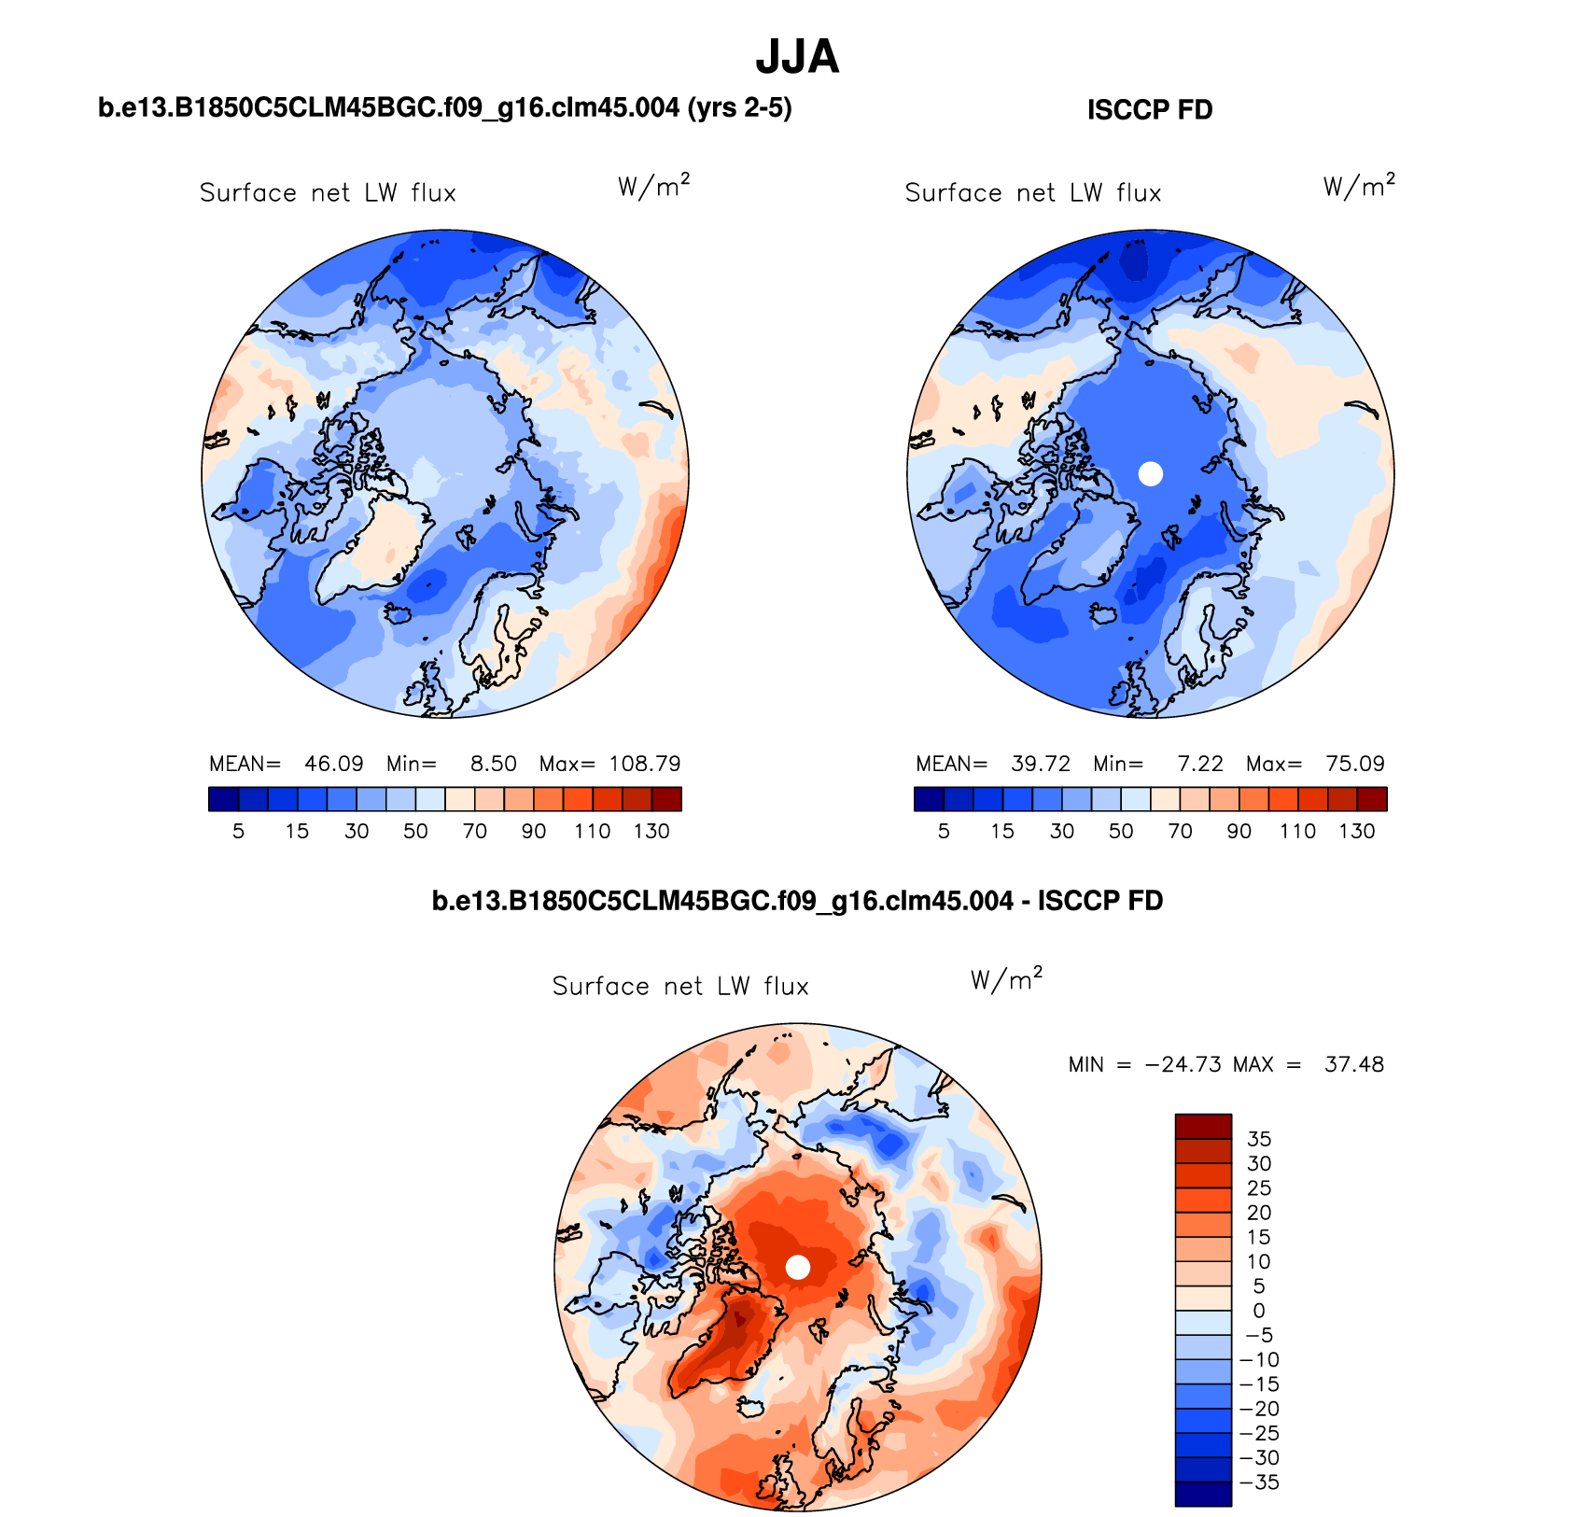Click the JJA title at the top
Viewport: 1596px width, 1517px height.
797,57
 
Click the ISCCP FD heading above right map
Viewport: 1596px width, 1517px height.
1149,110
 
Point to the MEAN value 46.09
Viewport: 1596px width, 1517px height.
333,764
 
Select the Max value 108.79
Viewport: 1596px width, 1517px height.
645,764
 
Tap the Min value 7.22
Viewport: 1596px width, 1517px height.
1199,764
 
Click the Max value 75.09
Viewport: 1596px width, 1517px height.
1355,764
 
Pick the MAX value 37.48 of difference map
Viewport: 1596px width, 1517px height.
1353,1064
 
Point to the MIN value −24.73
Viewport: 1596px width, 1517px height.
1183,1064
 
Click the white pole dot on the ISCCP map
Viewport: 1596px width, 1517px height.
1151,473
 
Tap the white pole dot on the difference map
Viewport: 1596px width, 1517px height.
797,1267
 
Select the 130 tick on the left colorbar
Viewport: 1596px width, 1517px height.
651,831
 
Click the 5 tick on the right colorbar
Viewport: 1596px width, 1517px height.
944,831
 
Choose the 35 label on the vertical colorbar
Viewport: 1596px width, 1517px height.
1259,1139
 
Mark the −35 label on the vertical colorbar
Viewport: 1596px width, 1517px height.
1259,1482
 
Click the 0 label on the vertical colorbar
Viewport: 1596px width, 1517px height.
1259,1311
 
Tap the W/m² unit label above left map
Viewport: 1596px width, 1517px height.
653,186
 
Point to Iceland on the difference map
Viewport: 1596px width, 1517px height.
750,1406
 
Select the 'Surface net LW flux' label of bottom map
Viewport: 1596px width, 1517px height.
680,987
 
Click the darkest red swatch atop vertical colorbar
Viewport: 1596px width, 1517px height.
1203,1126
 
